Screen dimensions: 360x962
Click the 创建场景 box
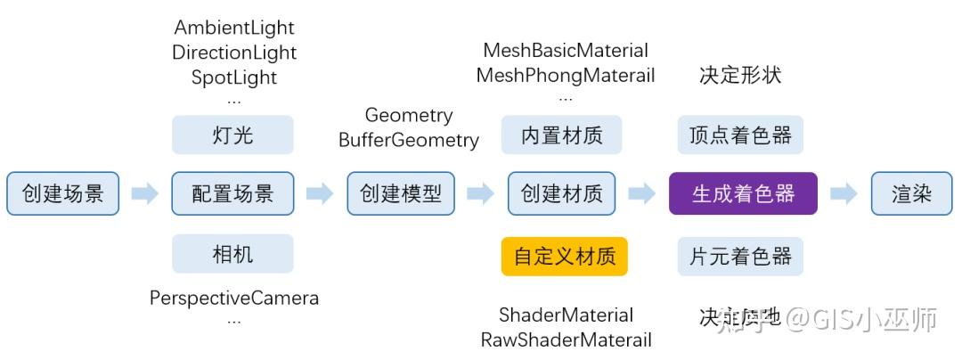pos(62,193)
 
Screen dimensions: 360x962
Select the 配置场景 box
pos(232,193)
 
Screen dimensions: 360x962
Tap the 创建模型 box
pos(401,193)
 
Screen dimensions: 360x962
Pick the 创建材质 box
pos(561,193)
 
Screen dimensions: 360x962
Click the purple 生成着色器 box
pos(743,193)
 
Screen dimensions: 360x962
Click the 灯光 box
pos(232,135)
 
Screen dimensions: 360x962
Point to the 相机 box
pos(232,254)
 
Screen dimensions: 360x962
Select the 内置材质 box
pos(561,135)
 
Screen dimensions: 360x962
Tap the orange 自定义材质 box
pos(564,257)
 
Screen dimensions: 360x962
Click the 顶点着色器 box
pos(740,135)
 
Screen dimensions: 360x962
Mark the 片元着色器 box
pos(740,257)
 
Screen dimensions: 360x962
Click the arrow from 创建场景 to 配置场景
pos(144,193)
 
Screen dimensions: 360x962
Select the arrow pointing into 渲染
pos(844,193)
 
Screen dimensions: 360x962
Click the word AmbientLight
pos(234,28)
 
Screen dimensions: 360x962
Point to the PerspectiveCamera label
pos(234,298)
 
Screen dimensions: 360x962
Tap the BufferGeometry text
pos(409,140)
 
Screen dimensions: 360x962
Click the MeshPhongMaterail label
pos(566,75)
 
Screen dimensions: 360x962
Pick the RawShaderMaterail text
pos(566,340)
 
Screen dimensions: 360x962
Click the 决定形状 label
pos(740,75)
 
